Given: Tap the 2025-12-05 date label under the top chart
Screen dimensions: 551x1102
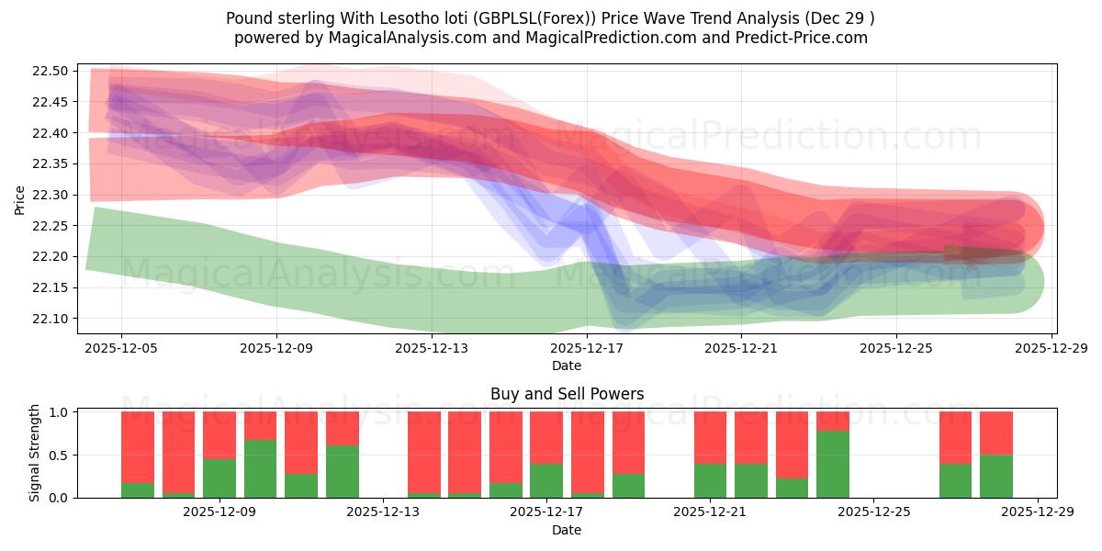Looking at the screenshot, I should coord(121,349).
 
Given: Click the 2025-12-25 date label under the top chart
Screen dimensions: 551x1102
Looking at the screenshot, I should coord(896,349).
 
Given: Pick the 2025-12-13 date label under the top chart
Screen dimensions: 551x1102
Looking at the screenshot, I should coord(432,349).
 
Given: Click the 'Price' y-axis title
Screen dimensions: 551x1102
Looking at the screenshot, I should coord(20,198).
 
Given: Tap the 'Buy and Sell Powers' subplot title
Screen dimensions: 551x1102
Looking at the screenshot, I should coord(567,394).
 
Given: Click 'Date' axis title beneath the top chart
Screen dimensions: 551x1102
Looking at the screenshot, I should coord(567,365).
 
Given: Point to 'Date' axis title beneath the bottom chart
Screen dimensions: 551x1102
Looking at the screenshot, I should coord(567,530).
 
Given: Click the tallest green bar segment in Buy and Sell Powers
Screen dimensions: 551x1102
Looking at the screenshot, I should coord(833,465).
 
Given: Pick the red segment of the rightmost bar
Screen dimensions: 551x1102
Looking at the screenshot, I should coord(995,433).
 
